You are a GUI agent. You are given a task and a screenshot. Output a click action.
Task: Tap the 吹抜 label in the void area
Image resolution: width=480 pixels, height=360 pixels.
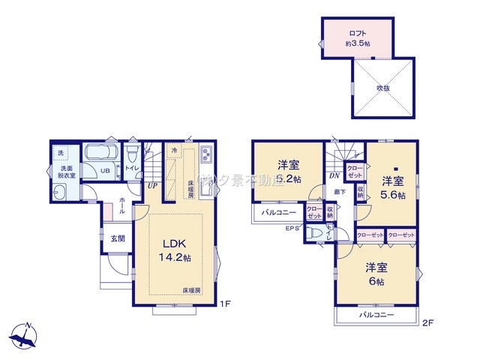[x=382, y=88]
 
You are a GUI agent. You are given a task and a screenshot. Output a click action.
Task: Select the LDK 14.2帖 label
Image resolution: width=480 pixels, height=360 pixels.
[x=174, y=249]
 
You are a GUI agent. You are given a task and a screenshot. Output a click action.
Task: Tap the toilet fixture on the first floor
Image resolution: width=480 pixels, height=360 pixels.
[x=132, y=156]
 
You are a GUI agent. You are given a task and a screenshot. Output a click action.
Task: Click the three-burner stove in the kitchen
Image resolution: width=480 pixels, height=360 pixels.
[x=207, y=157]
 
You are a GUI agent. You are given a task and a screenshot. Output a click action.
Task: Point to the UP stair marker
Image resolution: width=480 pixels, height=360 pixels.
[x=152, y=184]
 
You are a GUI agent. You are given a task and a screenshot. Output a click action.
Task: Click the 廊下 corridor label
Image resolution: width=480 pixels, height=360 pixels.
[x=339, y=192]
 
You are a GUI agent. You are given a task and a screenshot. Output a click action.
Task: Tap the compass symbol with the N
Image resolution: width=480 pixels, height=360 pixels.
[x=25, y=334]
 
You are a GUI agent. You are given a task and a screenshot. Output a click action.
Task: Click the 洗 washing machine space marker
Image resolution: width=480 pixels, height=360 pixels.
[x=61, y=153]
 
